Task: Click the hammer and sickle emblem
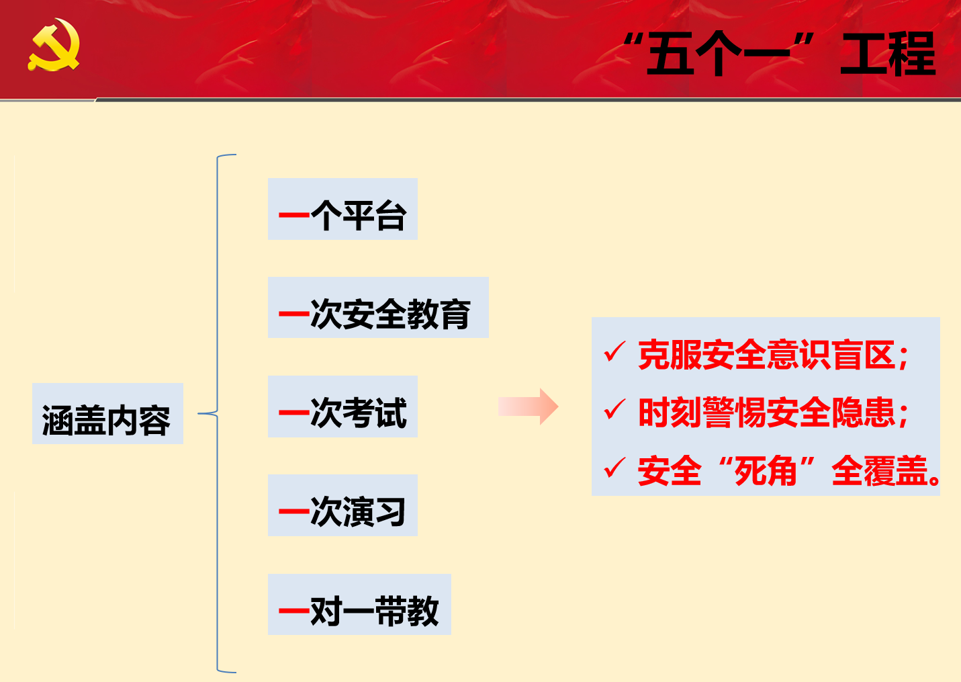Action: (54, 44)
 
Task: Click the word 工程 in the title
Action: (888, 54)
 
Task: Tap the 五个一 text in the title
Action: (718, 54)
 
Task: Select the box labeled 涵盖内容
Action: (107, 413)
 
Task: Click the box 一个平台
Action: (342, 209)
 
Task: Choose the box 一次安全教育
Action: (378, 307)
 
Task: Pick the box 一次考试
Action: (342, 407)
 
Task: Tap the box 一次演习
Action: (342, 505)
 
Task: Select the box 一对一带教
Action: (359, 604)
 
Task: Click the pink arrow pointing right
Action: (528, 407)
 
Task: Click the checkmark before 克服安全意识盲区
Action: (614, 351)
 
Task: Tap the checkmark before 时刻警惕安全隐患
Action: (614, 409)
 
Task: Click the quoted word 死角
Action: (766, 471)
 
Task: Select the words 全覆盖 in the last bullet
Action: (880, 471)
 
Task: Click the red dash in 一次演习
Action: (294, 511)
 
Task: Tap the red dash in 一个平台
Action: (294, 215)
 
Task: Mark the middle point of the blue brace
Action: (217, 413)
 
